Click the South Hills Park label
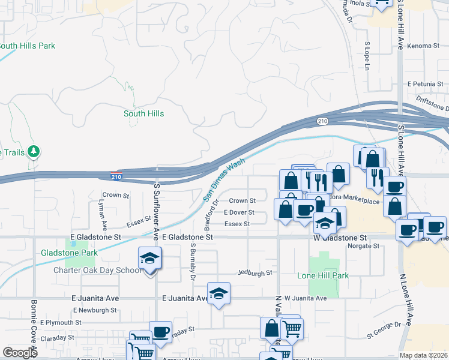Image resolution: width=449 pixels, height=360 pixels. (26, 46)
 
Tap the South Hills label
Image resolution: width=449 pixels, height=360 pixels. (143, 113)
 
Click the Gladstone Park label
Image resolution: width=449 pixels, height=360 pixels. (69, 253)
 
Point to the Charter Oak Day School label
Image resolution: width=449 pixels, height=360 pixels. (89, 270)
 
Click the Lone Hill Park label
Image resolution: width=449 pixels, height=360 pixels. (322, 275)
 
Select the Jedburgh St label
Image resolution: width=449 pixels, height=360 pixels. (256, 272)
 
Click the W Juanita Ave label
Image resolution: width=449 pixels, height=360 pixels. (305, 298)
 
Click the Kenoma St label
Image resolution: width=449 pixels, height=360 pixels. (424, 46)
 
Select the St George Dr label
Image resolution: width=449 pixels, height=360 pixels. (384, 325)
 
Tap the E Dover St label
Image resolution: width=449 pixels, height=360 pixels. (239, 212)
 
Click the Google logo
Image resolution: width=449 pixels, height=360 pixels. (20, 353)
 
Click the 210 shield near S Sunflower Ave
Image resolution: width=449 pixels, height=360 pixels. (117, 176)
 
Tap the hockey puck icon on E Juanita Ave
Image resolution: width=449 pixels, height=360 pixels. (218, 293)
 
